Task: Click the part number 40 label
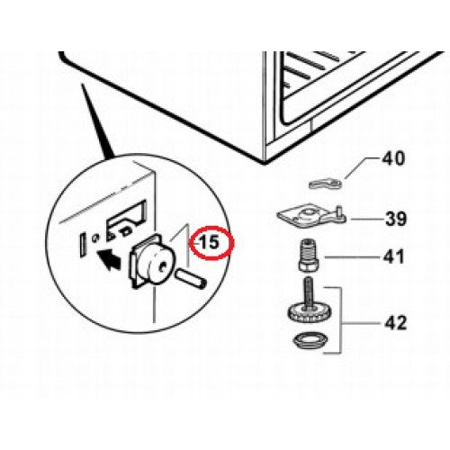tap(393, 158)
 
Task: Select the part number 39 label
tap(396, 219)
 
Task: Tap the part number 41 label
tap(393, 257)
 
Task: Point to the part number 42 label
tap(395, 323)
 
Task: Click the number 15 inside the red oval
tap(210, 242)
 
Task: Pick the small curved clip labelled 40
tap(325, 184)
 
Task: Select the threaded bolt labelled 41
tap(310, 256)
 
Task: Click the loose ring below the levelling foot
tap(310, 340)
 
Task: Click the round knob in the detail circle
tap(157, 264)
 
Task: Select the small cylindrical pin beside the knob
tap(192, 278)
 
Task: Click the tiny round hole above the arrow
tap(95, 238)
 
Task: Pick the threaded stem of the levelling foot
tap(309, 292)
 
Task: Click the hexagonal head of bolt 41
tap(309, 265)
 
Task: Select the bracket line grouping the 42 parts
tap(341, 320)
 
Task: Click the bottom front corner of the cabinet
tap(264, 164)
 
